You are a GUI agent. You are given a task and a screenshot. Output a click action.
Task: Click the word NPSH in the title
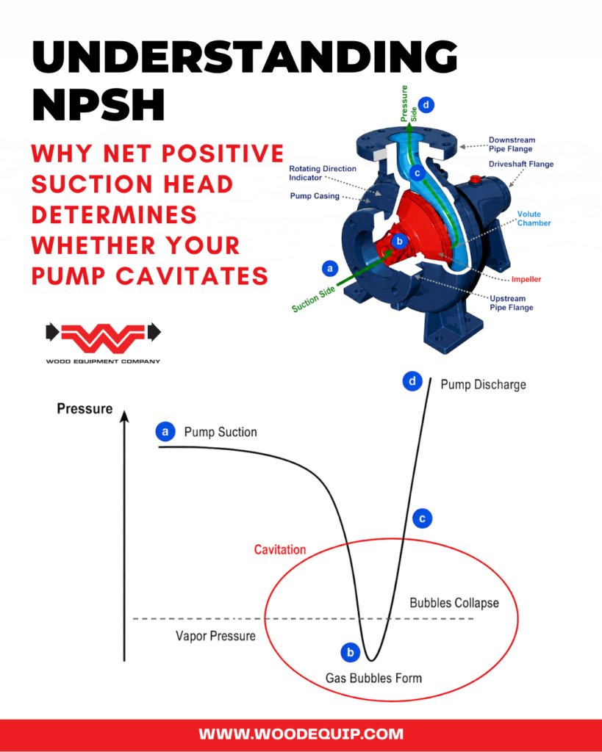99,104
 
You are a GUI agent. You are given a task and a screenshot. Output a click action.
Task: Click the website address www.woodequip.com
301,734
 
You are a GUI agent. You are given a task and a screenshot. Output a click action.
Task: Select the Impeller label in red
526,279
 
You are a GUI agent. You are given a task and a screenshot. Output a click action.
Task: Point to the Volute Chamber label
534,219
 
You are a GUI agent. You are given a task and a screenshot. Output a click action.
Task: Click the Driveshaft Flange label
521,164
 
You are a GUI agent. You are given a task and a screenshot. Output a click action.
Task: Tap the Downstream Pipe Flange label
512,145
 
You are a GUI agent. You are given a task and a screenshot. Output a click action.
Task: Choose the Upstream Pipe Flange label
512,303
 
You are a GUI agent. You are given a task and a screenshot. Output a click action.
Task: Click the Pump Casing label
315,195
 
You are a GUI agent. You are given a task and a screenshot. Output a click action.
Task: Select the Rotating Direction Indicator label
323,173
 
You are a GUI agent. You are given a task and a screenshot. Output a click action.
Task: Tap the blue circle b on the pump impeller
399,241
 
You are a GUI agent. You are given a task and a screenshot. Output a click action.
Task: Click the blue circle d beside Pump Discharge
412,382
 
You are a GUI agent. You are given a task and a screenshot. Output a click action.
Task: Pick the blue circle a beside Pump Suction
165,432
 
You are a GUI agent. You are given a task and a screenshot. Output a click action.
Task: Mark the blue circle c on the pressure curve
423,518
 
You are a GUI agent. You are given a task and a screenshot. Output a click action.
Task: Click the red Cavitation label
280,549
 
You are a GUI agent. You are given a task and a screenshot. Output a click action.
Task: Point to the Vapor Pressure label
215,636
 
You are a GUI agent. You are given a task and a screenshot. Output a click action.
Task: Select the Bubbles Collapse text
454,603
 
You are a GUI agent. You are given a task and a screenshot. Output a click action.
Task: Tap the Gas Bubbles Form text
373,678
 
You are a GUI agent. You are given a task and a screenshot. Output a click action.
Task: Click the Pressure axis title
85,408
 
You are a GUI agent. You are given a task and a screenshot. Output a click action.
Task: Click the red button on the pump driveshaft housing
476,180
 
